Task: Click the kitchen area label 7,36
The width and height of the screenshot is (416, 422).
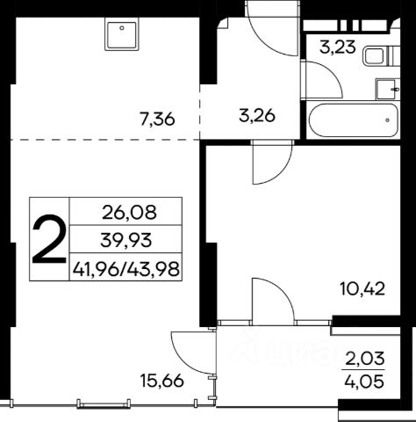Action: point(157,120)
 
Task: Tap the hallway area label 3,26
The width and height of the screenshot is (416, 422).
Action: point(257,116)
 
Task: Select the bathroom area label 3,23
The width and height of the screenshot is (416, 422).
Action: point(338,47)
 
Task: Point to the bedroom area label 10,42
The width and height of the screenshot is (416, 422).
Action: point(362,289)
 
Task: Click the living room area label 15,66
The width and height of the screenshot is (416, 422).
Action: point(162,381)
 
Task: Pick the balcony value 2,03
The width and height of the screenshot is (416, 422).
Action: point(365,359)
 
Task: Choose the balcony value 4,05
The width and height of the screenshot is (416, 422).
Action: point(365,382)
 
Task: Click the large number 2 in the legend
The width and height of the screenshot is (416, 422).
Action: point(49,238)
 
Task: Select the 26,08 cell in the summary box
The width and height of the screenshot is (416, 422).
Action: point(129,213)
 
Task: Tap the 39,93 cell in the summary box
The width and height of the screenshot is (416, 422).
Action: point(126,240)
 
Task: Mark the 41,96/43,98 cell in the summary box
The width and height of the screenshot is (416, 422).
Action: point(126,268)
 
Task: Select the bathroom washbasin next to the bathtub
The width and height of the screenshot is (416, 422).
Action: point(388,89)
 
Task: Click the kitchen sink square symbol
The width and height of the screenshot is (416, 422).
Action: point(121,34)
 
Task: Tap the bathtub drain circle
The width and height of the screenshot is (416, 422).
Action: point(388,120)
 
